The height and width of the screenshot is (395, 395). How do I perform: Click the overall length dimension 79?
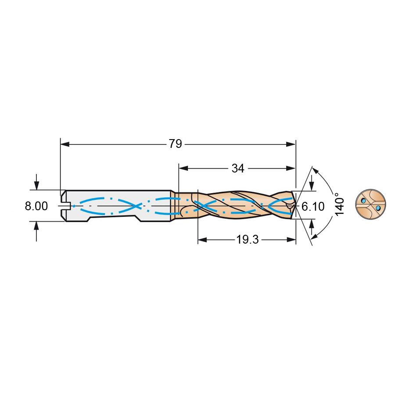click(x=175, y=144)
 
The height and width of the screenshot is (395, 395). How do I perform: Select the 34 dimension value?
click(x=238, y=168)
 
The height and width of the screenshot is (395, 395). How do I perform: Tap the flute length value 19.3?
click(x=248, y=240)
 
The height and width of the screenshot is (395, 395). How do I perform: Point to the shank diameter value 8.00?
click(x=36, y=206)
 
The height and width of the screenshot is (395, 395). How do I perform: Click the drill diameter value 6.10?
click(x=313, y=207)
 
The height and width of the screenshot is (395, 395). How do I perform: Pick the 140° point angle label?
click(x=339, y=204)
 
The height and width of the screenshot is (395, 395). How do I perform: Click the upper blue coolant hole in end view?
click(x=363, y=201)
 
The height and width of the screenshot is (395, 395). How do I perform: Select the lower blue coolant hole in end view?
click(x=378, y=208)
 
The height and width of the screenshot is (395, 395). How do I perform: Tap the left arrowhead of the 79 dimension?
click(x=65, y=144)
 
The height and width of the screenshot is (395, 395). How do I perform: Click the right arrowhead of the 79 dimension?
click(x=291, y=144)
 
